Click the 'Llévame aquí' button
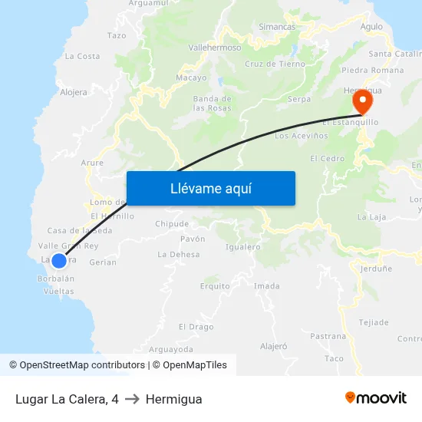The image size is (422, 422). [210, 188]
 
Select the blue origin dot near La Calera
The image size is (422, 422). [59, 260]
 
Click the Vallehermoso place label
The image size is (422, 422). [215, 48]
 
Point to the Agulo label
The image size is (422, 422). [371, 27]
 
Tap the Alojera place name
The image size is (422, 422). [74, 93]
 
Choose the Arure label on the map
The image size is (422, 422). [92, 163]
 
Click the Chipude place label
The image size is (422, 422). [172, 224]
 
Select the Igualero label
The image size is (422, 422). [243, 247]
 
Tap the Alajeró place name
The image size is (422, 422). [273, 347]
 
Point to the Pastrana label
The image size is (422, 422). [328, 336]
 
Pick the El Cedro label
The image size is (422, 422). [327, 159]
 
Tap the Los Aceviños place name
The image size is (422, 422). [301, 136]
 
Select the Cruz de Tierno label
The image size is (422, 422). [275, 64]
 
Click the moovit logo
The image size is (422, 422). [375, 398]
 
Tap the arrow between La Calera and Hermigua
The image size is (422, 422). [132, 399]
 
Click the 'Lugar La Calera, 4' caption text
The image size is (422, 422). [67, 399]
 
